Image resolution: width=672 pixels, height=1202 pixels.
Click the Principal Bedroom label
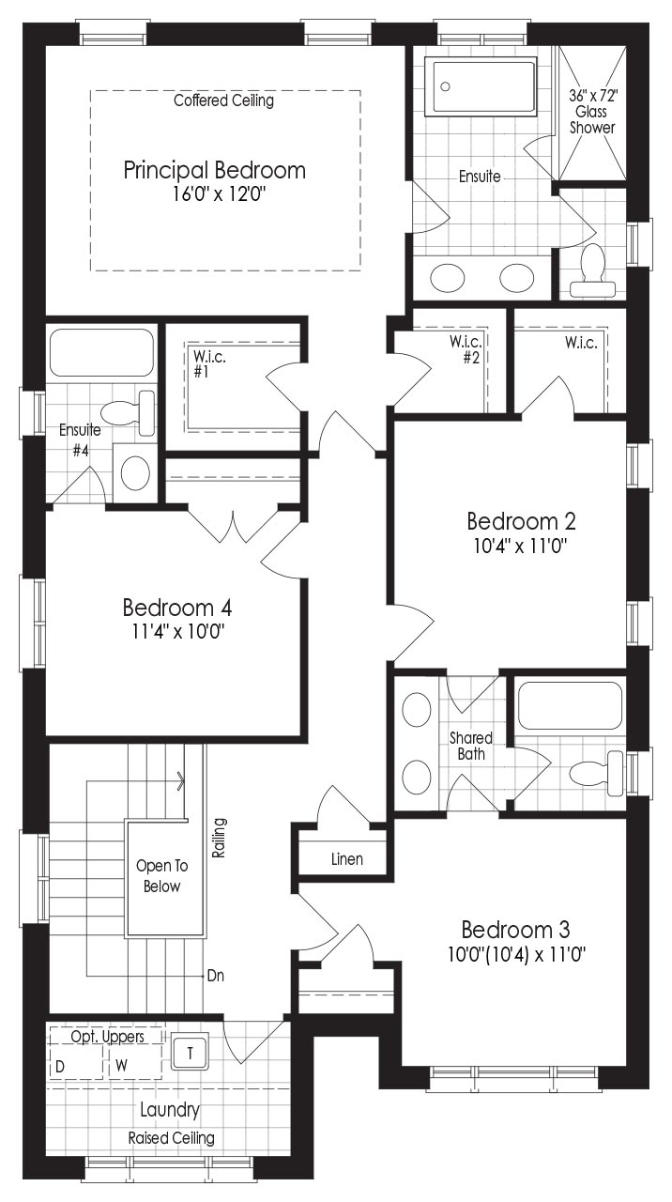coord(215,171)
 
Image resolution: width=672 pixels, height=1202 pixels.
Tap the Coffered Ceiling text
coord(223,100)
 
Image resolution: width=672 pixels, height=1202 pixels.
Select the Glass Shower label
coord(592,119)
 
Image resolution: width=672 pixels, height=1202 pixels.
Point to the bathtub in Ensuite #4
coord(102,352)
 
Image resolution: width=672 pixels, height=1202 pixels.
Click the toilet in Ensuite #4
coord(128,413)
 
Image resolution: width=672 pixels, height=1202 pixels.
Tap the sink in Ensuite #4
coord(135,472)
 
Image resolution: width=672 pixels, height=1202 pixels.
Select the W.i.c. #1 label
coord(209,363)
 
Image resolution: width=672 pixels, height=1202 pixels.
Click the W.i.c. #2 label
coord(466,349)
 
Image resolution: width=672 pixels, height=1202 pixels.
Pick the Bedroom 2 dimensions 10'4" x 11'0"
coord(520,547)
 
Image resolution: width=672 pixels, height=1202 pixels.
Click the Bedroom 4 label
coord(177,608)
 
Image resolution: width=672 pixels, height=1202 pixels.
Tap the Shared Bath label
coord(471,746)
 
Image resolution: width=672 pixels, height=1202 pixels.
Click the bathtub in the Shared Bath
coord(570,705)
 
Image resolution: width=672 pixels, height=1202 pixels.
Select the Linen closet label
coord(347,859)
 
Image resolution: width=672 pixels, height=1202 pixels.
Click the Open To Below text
coord(162,876)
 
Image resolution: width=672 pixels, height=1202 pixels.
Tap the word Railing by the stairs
coord(219,838)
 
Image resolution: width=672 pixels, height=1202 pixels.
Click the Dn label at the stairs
coord(216,975)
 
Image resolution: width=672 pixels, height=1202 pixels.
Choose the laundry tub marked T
coord(190,1054)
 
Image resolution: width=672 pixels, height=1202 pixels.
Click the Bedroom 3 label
coord(515,930)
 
